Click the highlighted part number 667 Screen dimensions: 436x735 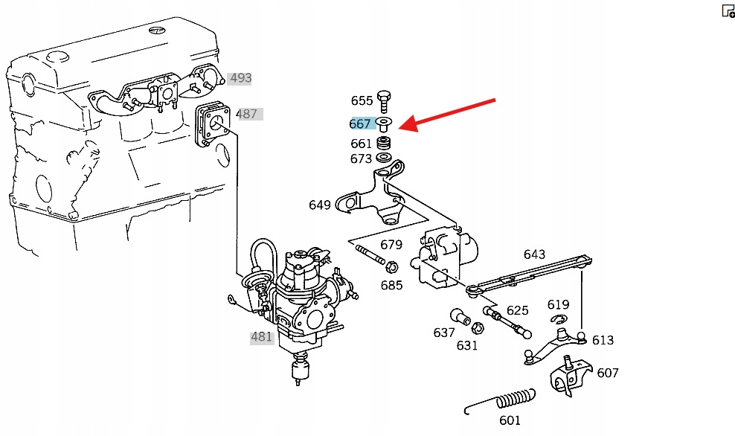coord(360,124)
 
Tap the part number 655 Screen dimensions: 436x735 coord(362,100)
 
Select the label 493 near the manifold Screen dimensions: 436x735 coord(240,78)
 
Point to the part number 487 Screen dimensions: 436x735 coord(246,114)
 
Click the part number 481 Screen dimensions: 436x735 coord(261,336)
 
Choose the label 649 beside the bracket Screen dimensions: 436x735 coord(320,205)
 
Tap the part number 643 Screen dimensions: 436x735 coord(534,254)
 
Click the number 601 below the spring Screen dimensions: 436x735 coord(510,420)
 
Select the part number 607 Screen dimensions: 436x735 coord(608,373)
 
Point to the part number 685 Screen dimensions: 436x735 coord(391,285)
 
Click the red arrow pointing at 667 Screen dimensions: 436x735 coord(446,113)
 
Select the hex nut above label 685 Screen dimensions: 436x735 coord(391,266)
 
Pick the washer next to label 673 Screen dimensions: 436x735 coord(385,158)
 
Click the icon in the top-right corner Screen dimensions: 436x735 coord(728,10)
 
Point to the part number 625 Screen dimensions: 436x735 coord(517,310)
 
